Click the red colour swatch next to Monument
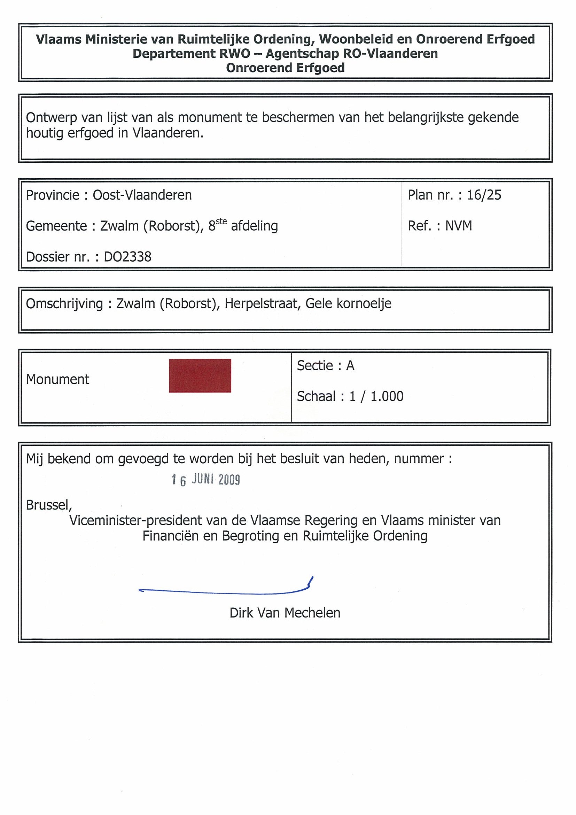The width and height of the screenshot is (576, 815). point(200,375)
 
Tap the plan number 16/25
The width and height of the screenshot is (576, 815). point(484,195)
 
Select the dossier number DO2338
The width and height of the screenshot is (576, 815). point(127,257)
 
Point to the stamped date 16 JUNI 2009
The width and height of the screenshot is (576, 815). point(206,480)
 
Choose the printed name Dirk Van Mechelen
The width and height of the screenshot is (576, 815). point(285,613)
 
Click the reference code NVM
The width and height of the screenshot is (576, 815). point(459,226)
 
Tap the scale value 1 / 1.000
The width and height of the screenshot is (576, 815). point(376,396)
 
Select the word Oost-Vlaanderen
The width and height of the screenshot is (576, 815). point(142,195)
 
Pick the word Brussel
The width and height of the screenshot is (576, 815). point(49,505)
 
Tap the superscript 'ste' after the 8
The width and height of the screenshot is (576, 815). point(221,222)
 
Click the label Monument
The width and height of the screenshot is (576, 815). point(57,379)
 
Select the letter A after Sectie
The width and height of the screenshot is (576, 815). point(350,366)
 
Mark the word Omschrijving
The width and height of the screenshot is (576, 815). point(64,304)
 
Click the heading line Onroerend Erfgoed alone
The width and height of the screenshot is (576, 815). point(285,68)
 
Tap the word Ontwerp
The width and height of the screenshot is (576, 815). point(52,117)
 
